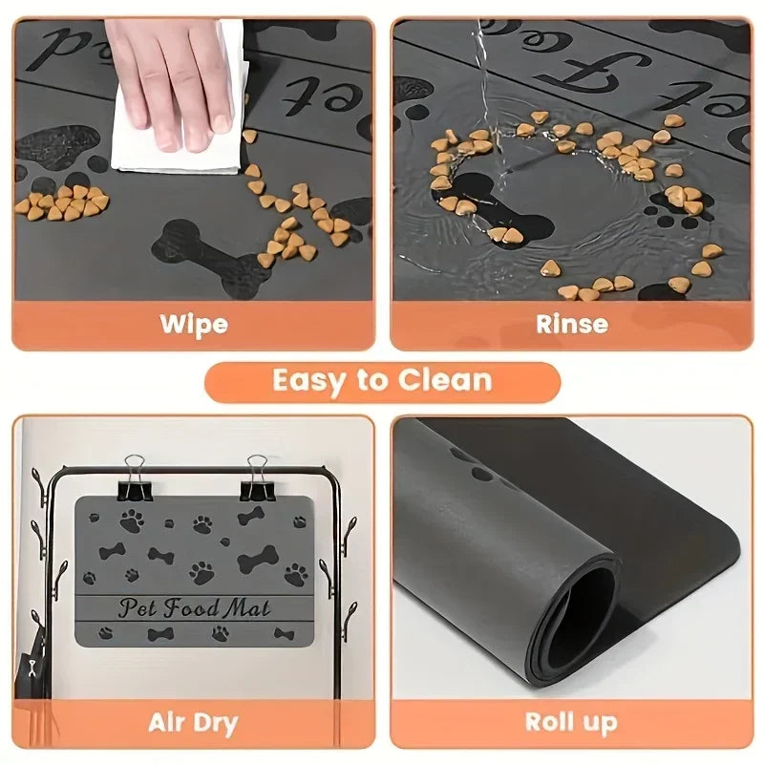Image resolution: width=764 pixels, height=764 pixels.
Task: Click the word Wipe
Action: point(194,324)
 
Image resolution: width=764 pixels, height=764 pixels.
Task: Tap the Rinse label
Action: point(571,324)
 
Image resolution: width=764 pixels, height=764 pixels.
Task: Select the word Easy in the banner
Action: point(310,381)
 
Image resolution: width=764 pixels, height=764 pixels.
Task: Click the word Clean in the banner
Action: point(440,381)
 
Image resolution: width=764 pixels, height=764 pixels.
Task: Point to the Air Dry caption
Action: point(193,722)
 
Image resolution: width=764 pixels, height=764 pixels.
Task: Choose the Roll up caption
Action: point(571,722)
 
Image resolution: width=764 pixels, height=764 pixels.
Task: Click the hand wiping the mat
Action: point(172,76)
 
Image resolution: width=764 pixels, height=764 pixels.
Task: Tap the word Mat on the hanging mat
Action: point(245,607)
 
